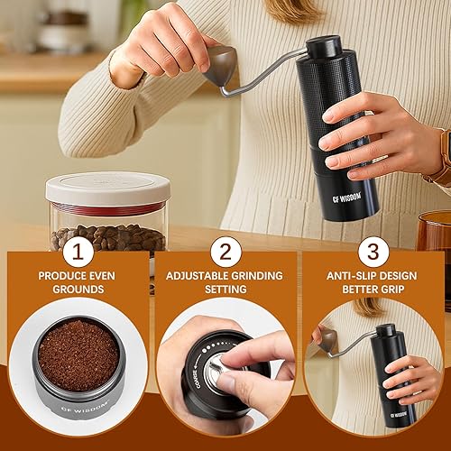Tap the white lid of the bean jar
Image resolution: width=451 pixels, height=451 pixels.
107,187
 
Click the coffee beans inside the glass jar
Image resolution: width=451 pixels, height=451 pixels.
107,238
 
